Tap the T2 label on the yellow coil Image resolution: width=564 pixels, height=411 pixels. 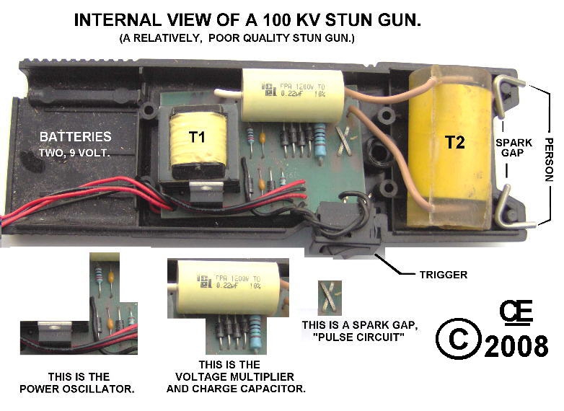tap(454, 142)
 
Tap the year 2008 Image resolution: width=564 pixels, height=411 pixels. tap(516, 346)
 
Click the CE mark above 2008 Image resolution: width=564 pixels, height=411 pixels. tap(516, 312)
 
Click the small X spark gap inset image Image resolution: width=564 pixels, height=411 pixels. tap(325, 296)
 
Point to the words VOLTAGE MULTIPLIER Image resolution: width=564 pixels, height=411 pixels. tap(236, 376)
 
